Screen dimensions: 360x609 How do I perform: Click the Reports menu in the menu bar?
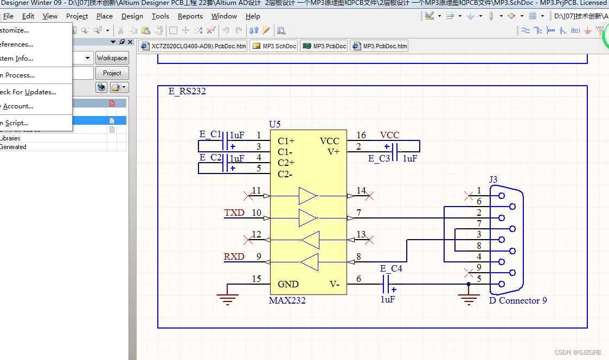[190, 16]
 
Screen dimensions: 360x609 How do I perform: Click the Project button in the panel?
[112, 73]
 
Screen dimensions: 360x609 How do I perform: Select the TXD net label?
[234, 213]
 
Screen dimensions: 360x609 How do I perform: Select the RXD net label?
[234, 256]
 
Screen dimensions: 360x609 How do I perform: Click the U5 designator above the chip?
[275, 124]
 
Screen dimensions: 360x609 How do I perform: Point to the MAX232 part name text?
[287, 300]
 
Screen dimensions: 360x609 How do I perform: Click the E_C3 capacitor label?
[379, 158]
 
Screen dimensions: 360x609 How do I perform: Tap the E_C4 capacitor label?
[391, 268]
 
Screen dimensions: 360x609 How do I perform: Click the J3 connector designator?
[493, 179]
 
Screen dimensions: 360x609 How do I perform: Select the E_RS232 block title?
[187, 91]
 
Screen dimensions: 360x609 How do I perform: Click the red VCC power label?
[389, 135]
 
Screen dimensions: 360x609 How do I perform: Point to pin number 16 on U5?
[361, 135]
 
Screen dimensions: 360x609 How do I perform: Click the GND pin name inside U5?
[288, 284]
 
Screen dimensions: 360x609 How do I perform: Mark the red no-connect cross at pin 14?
[369, 196]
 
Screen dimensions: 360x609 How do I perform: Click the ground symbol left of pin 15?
[227, 298]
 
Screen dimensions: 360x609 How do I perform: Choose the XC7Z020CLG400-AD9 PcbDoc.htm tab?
[194, 46]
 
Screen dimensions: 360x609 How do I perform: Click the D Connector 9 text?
[518, 300]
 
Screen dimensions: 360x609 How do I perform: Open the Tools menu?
[160, 16]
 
